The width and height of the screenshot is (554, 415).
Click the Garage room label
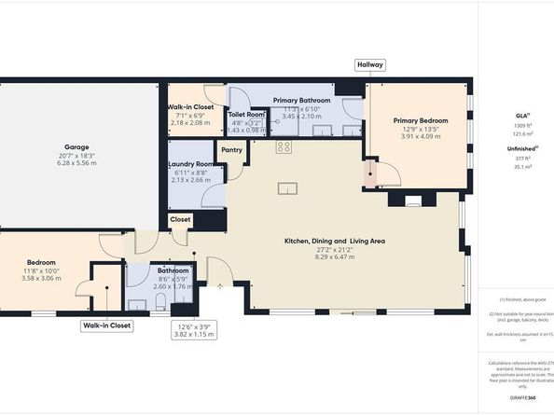point(76,147)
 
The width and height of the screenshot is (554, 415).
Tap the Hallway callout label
point(369,64)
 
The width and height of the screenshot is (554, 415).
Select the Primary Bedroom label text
point(420,120)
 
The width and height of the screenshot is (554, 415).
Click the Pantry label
point(231,148)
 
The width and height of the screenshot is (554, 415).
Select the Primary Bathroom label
point(301,99)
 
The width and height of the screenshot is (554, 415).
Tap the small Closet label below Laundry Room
point(180,218)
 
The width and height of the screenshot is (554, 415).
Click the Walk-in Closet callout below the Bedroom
point(106,325)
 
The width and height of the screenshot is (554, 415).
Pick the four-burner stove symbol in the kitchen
point(284,147)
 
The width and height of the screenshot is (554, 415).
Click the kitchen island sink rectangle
point(287,189)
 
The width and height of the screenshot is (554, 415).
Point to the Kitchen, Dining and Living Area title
point(335,241)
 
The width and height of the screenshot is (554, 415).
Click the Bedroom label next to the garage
point(41,263)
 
